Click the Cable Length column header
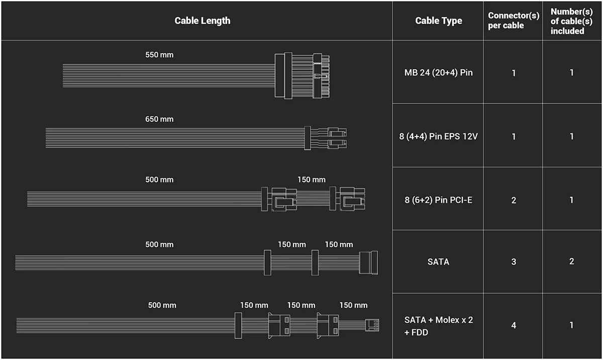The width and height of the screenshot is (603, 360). [203, 21]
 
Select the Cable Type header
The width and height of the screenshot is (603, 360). [439, 21]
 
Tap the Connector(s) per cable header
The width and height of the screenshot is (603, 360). [514, 21]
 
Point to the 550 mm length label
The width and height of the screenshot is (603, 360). [159, 55]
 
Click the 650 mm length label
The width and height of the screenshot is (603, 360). [159, 119]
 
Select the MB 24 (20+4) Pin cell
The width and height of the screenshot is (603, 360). [438, 73]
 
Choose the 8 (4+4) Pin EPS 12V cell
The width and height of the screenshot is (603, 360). [438, 137]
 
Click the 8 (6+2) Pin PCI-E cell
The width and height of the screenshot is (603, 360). [438, 200]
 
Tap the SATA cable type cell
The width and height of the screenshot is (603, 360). [438, 262]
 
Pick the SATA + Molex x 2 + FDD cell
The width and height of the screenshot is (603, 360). [438, 326]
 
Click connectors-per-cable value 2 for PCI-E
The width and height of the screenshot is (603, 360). [514, 200]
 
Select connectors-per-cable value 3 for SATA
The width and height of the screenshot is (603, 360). [514, 262]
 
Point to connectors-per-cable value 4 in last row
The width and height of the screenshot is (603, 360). [514, 325]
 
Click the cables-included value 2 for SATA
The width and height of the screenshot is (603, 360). [571, 261]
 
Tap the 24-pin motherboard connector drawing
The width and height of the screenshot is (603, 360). [302, 76]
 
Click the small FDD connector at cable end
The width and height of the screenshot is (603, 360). [372, 325]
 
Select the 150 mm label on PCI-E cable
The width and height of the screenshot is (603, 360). [312, 179]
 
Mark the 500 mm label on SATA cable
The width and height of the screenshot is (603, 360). [159, 245]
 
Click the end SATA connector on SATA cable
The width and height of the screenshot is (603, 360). [368, 263]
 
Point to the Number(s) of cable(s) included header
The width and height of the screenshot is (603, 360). [571, 21]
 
